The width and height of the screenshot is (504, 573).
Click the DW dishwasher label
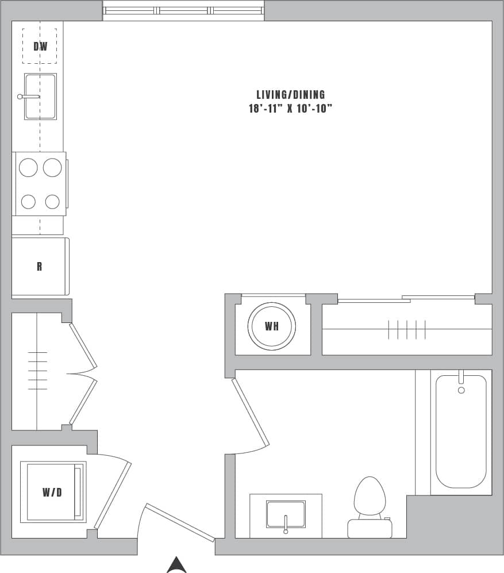40,47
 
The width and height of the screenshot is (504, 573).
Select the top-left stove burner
28,167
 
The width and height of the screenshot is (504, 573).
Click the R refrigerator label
39,267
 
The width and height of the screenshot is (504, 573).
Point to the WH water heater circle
272,326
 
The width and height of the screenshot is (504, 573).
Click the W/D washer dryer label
52,492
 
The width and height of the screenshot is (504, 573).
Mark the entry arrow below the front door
176,564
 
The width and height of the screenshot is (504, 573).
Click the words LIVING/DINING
291,95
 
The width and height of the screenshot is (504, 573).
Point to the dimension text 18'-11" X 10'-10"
291,109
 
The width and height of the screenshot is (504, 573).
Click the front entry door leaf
180,522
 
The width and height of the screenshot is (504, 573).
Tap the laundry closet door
113,494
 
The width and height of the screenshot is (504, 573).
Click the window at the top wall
183,11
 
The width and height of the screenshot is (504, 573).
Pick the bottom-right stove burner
52,202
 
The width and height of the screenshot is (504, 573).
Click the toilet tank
370,528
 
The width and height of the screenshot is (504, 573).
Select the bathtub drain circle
461,390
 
